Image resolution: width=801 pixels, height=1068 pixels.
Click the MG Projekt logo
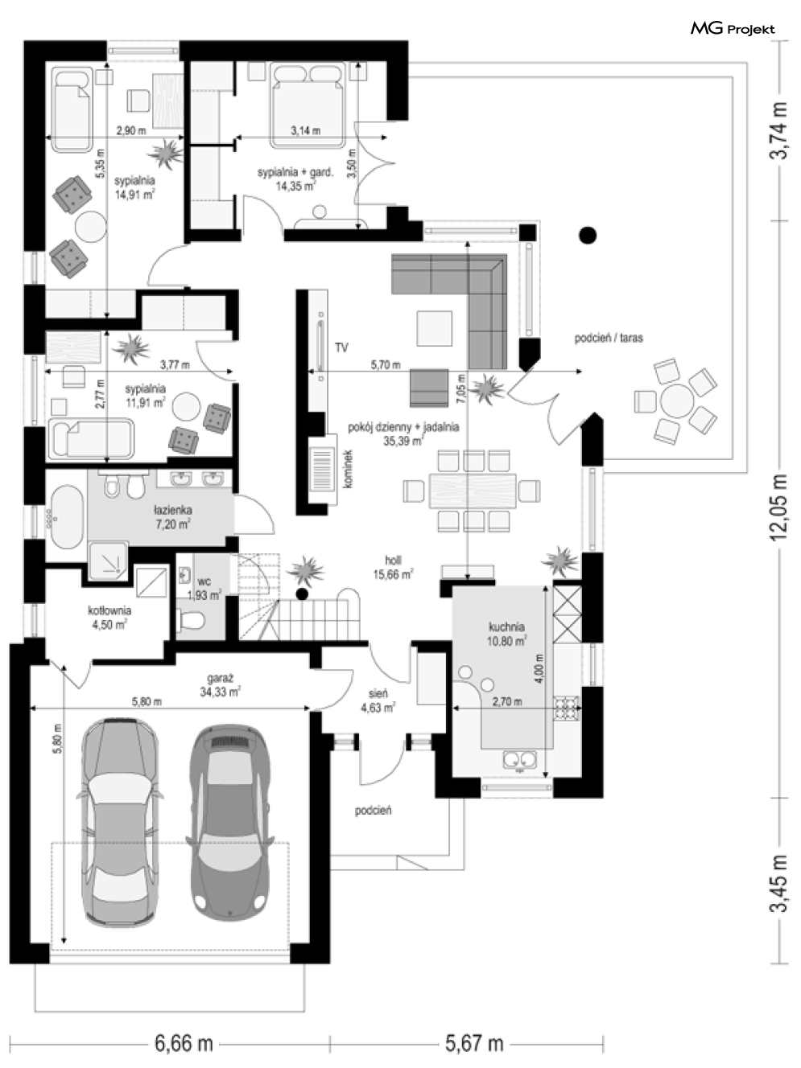coord(733,28)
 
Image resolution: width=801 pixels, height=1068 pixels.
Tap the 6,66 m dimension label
coord(184,1043)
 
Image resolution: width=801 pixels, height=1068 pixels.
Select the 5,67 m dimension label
coord(474,1043)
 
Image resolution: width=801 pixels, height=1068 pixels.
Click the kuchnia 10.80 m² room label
coord(506,634)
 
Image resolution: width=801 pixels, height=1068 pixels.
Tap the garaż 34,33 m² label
coord(221,684)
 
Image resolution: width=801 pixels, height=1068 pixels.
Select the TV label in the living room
coord(341,347)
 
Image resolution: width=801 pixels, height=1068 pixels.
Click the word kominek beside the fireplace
coord(348,469)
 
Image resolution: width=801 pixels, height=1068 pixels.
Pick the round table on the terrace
coord(677,402)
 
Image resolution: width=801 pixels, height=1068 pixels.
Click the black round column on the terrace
coord(588,236)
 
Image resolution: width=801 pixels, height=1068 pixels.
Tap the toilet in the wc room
coord(192,620)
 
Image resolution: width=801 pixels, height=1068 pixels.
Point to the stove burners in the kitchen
coord(567,709)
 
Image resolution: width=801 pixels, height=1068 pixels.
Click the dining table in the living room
coord(473,491)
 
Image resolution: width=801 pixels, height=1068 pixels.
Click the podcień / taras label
coord(609,338)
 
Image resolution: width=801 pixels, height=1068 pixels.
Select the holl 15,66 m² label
coord(393,567)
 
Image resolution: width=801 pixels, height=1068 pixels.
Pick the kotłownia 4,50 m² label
coord(109,617)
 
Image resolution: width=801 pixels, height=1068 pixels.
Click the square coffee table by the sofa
coord(435,328)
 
